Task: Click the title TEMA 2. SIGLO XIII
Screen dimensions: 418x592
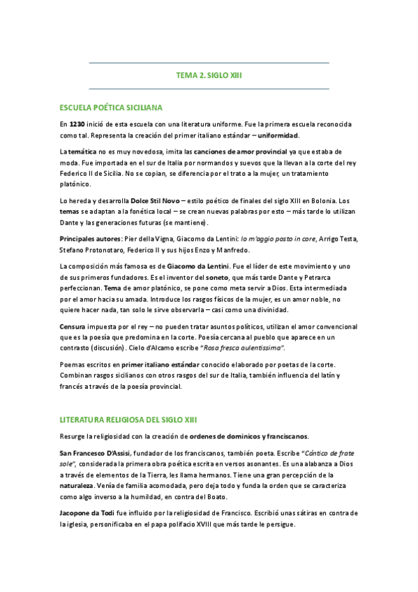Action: [x=209, y=75]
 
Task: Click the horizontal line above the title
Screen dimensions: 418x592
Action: [x=209, y=63]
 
